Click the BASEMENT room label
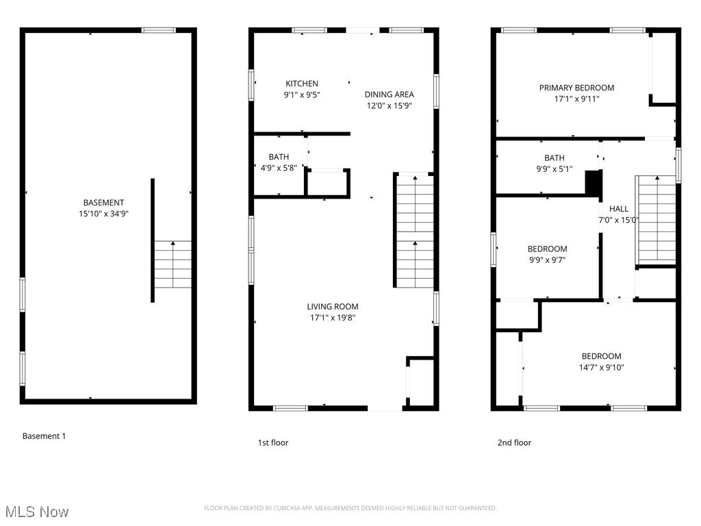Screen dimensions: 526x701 [x=103, y=203]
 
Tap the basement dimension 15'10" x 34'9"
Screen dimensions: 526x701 [x=103, y=214]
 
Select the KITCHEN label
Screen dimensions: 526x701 [x=302, y=84]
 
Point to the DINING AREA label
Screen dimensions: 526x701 [x=389, y=95]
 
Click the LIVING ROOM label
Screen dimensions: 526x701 [x=332, y=307]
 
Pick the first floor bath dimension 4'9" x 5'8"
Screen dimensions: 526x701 [x=279, y=168]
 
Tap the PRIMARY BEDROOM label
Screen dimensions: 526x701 [x=576, y=88]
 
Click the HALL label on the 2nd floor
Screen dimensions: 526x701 [x=618, y=209]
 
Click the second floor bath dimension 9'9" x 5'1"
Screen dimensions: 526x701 [x=554, y=169]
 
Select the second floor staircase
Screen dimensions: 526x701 [x=657, y=219]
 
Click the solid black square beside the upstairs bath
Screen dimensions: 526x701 [x=593, y=182]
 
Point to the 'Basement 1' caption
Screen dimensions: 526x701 [x=44, y=436]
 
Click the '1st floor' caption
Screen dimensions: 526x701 [x=272, y=442]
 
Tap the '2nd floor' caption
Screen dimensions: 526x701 [x=513, y=442]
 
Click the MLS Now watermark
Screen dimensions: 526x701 [x=37, y=512]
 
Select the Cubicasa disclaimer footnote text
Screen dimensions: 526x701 [x=350, y=508]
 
